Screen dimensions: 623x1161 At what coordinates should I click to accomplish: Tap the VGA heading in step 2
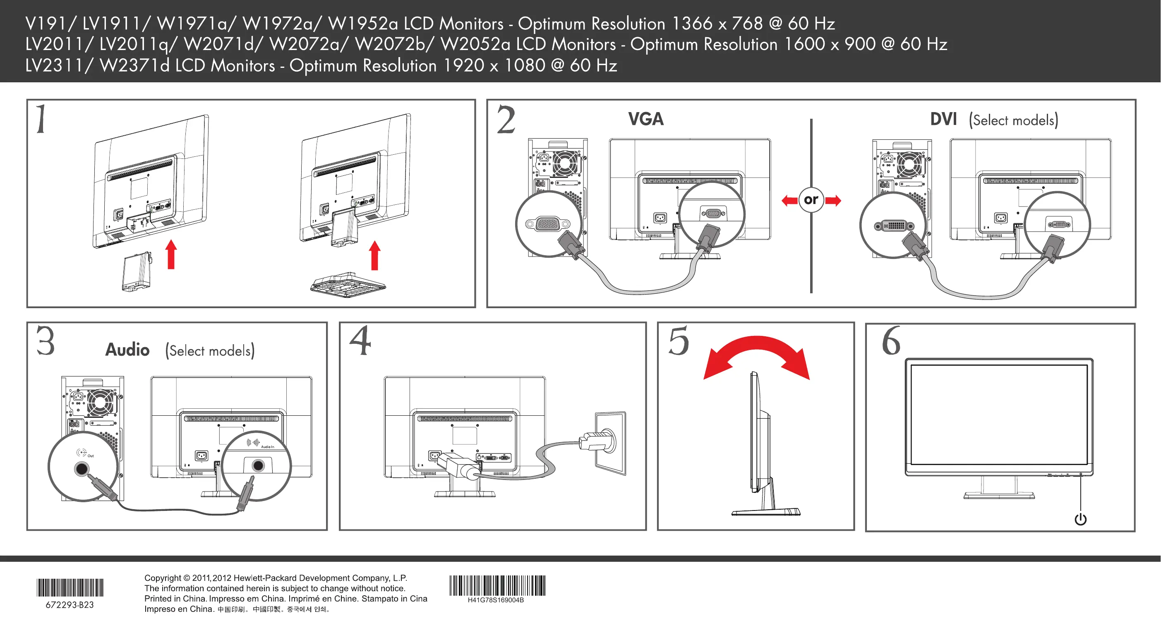coord(645,120)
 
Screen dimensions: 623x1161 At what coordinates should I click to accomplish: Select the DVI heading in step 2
coord(943,120)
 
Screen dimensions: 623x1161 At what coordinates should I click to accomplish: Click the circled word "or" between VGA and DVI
coord(811,199)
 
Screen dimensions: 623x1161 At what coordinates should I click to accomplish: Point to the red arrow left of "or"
coord(789,201)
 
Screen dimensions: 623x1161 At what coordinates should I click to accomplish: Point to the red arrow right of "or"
coord(833,201)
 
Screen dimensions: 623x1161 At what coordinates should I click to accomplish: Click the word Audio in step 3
coord(127,350)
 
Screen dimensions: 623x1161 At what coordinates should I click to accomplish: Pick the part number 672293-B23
coord(70,605)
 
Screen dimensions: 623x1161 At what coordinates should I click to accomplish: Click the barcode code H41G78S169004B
coord(495,600)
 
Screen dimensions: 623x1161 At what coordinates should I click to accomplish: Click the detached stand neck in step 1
coord(136,272)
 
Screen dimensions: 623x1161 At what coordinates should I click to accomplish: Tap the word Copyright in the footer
coord(163,578)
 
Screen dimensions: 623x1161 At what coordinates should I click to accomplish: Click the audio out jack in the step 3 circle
coord(82,469)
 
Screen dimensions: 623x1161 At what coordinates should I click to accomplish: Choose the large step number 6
coord(891,341)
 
